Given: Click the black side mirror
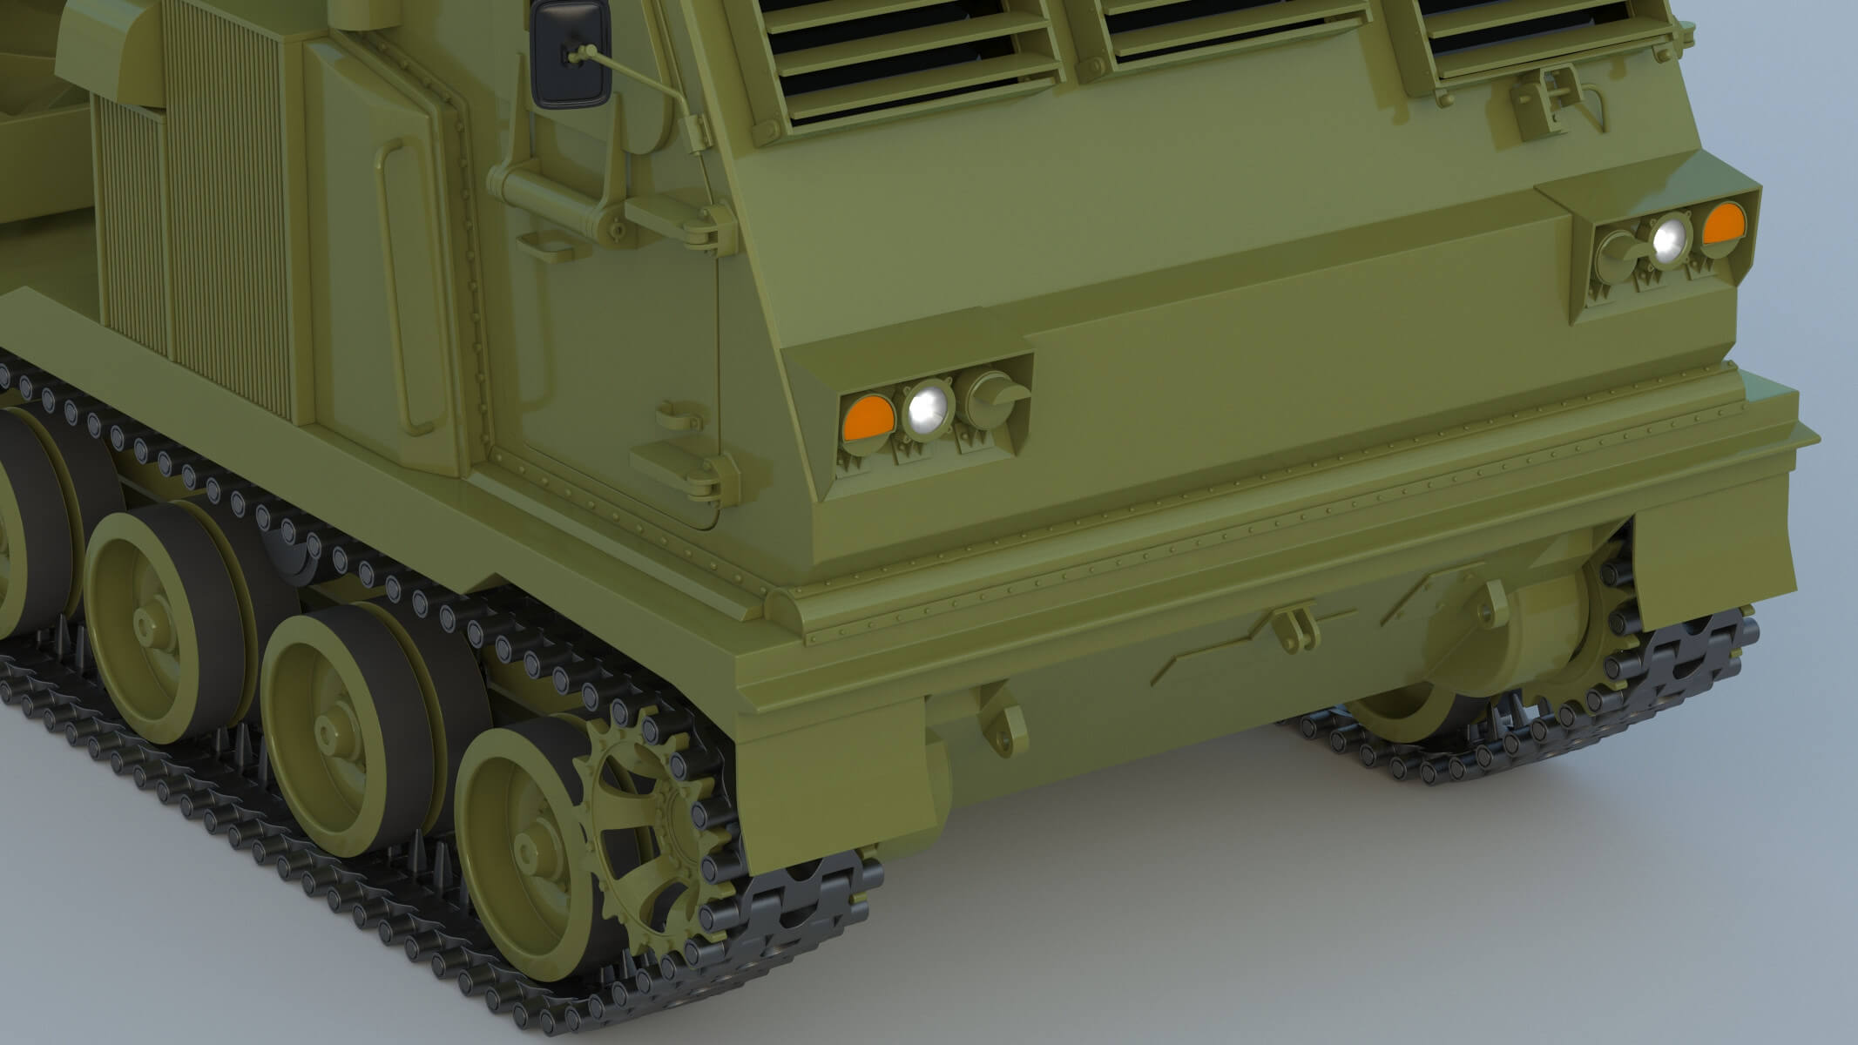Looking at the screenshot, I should pos(571,54).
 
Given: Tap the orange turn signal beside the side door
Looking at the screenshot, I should pos(868,417).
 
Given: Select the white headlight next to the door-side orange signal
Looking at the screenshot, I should pos(927,408).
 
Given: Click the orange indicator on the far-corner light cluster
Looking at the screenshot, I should pos(1722,223).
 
